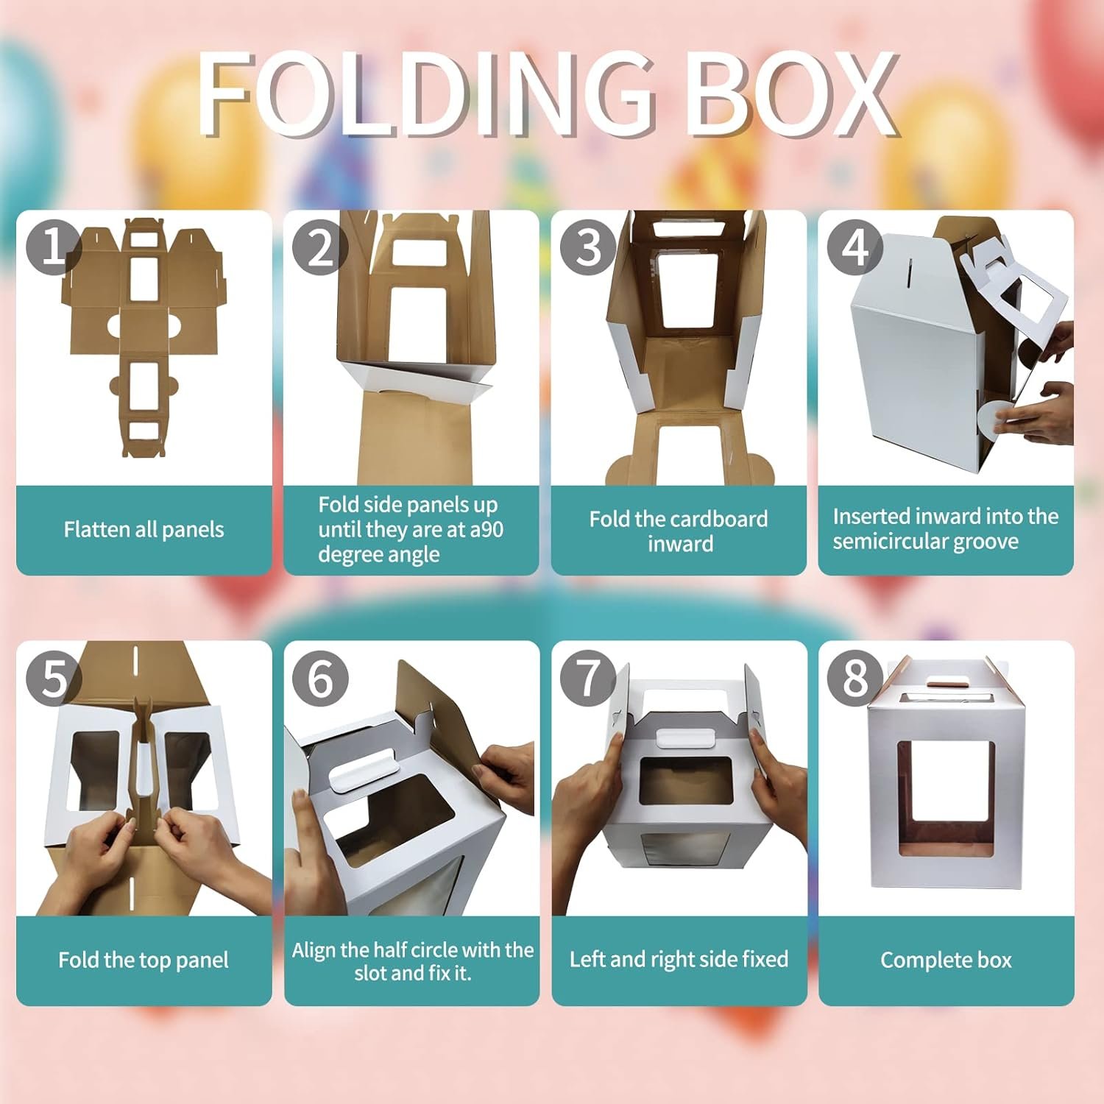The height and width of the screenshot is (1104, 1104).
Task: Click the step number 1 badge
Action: point(53,247)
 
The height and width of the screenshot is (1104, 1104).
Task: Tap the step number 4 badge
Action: point(854,247)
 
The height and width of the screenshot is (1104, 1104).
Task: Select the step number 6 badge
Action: point(320,677)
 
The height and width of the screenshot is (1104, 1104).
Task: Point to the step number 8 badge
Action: point(854,677)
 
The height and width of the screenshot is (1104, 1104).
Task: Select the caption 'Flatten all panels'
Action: point(144,529)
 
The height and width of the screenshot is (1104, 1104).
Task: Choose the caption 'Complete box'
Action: point(946,960)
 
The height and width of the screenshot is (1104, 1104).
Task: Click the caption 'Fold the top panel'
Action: point(144,960)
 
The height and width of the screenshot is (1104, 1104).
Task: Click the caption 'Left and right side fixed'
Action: point(679,959)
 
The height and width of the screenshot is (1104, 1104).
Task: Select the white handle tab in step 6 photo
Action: point(359,771)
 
